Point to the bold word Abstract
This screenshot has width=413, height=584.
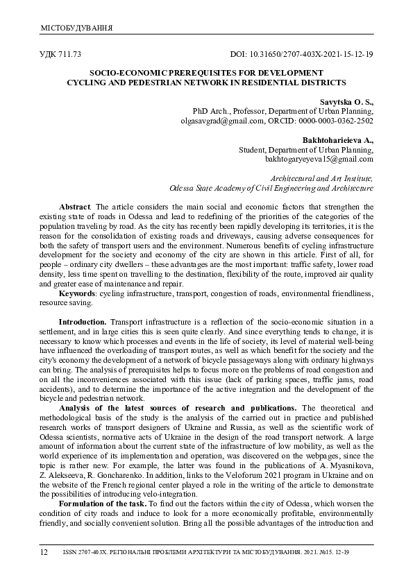point(74,207)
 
